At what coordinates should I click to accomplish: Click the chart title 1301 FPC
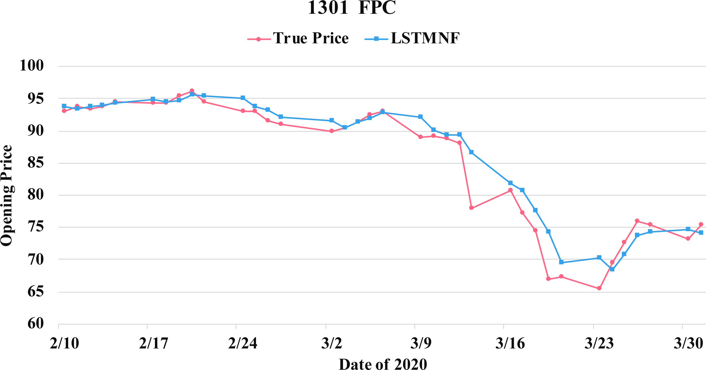tap(352, 8)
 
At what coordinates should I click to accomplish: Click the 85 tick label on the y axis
tap(36, 163)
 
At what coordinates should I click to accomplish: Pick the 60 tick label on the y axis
tap(36, 324)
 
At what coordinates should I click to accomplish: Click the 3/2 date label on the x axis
tap(332, 343)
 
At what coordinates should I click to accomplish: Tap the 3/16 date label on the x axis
tap(510, 343)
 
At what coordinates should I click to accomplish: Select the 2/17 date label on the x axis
tap(153, 343)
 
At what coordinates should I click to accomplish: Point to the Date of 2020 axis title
tap(383, 364)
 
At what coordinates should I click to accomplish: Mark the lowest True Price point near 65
tap(599, 288)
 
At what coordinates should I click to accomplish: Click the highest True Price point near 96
tap(192, 91)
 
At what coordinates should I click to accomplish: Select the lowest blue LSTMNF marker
tap(612, 269)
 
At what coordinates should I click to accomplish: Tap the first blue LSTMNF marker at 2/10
tap(64, 106)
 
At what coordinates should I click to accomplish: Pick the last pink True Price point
tap(701, 224)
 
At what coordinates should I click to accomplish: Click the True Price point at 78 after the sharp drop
tap(471, 208)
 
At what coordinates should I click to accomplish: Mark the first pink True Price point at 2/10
tap(64, 111)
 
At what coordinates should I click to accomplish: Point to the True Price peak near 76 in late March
tap(637, 221)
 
